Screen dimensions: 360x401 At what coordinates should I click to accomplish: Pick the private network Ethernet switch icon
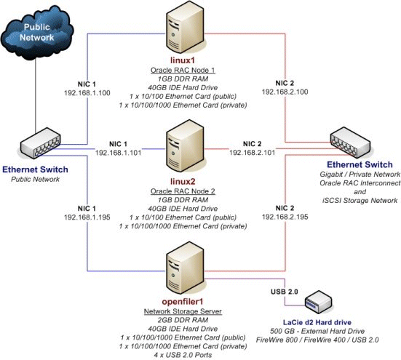click(x=351, y=141)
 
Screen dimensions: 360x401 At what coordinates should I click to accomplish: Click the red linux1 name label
click(x=179, y=57)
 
